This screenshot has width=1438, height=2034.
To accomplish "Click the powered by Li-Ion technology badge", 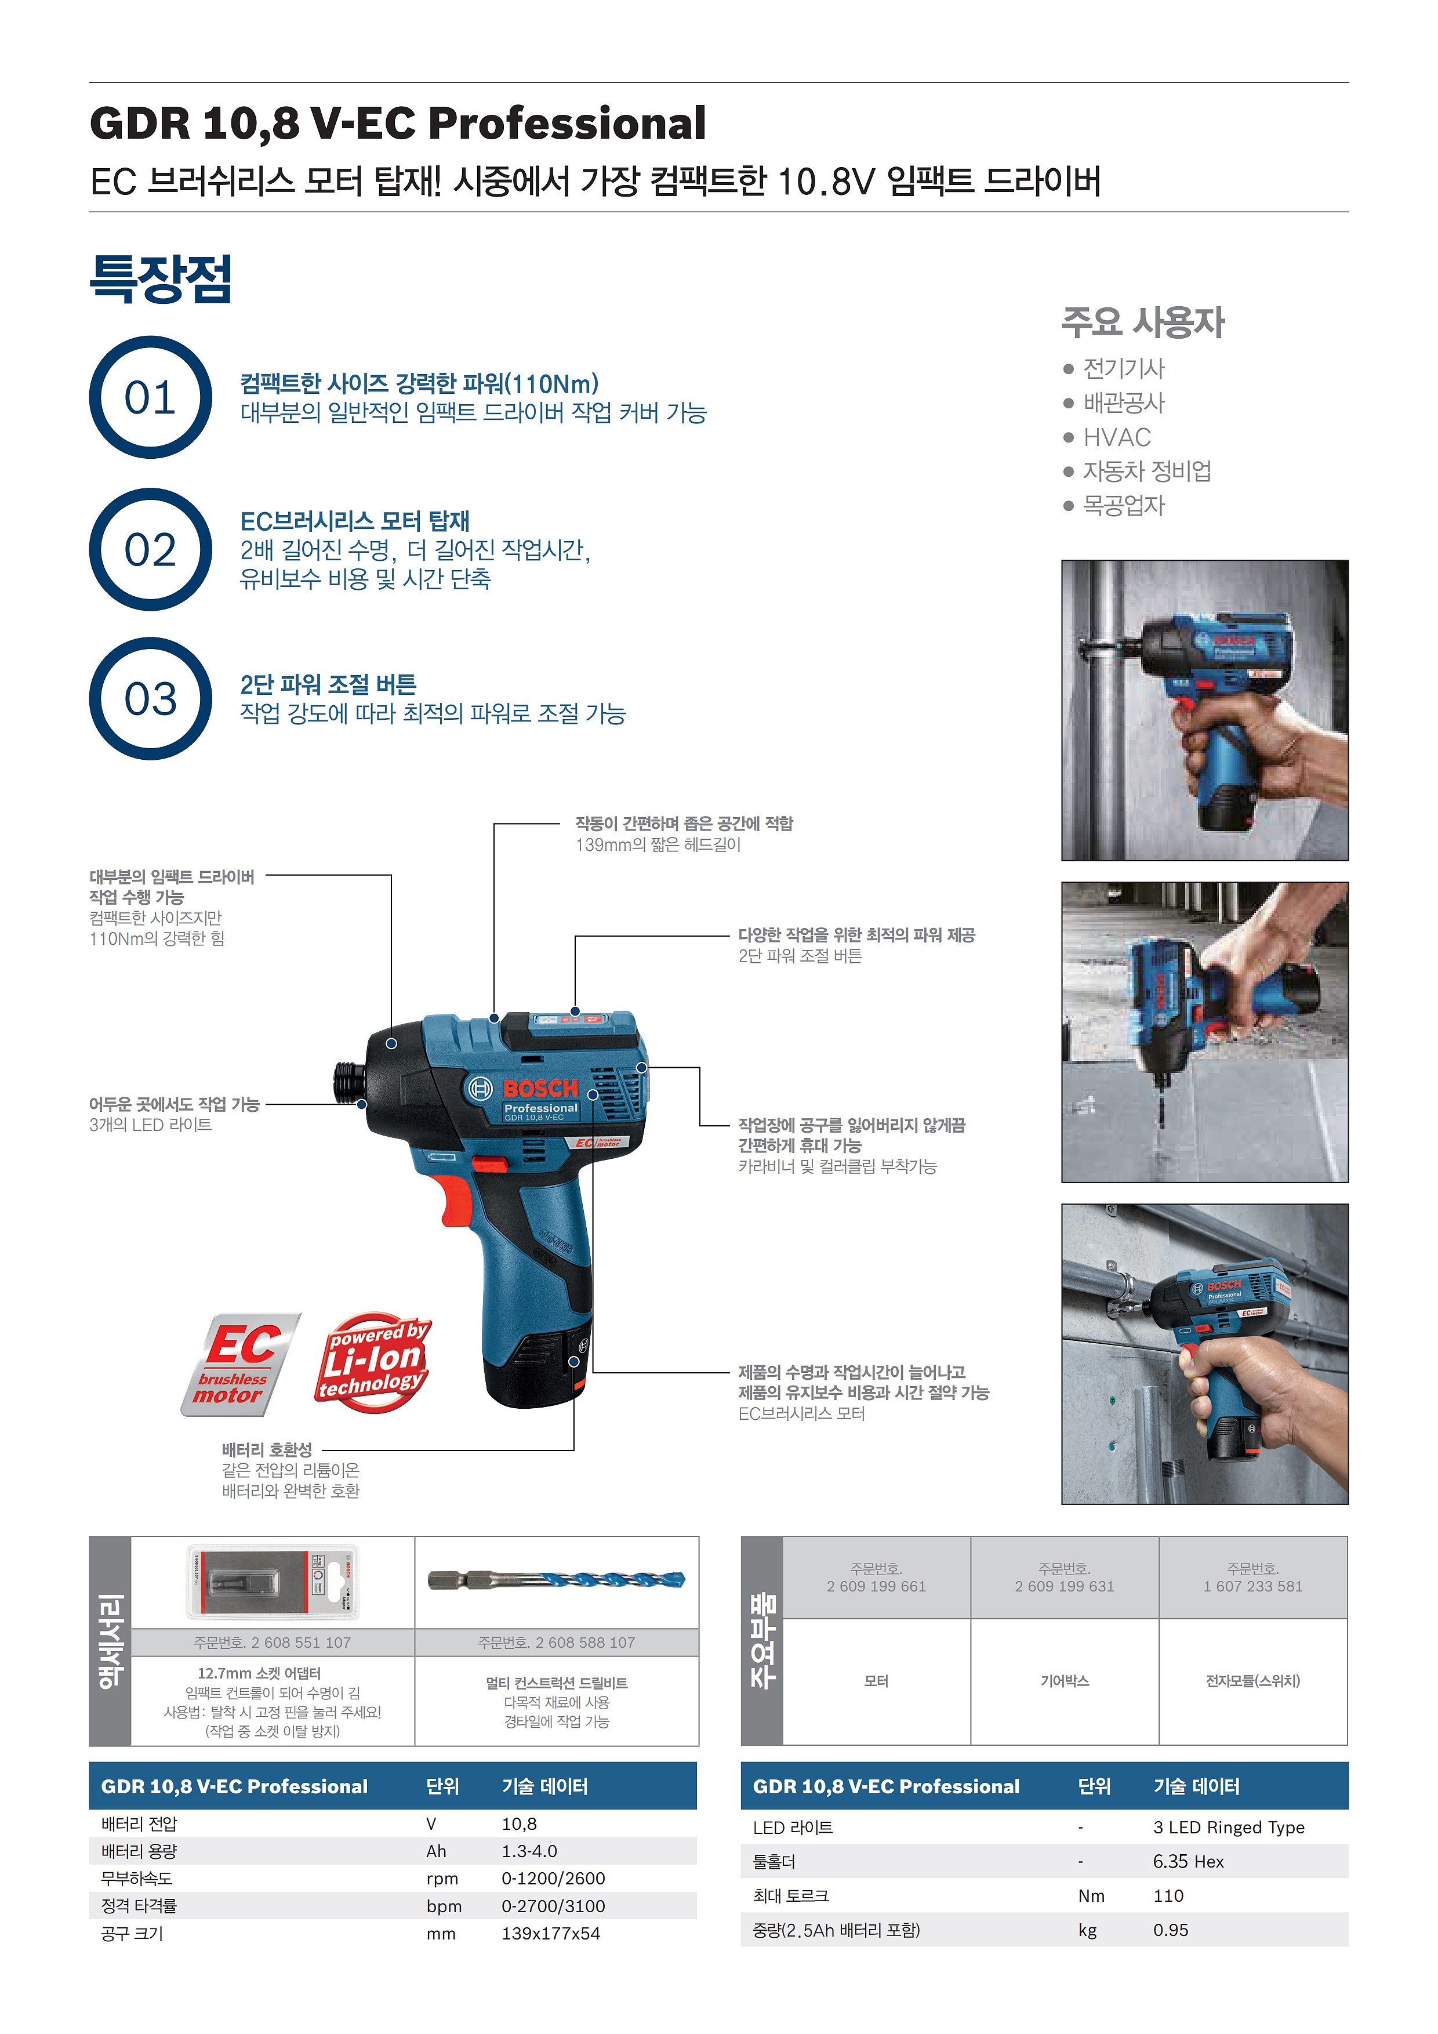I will click(373, 1362).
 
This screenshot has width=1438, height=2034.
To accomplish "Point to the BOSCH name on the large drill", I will click(540, 1089).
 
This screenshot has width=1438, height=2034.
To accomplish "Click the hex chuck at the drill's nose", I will click(349, 1080).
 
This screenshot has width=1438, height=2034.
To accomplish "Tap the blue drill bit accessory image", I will click(556, 1579).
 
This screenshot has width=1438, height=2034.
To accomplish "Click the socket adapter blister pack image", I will click(273, 1582).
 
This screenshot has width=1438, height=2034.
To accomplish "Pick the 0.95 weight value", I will click(1171, 1930).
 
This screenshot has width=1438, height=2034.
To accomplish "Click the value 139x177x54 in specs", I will click(551, 1934).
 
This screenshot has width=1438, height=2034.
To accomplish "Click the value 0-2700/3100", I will click(553, 1906).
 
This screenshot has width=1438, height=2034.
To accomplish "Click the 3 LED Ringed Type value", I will click(1228, 1828).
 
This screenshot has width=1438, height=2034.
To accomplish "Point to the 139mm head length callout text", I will click(658, 845).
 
